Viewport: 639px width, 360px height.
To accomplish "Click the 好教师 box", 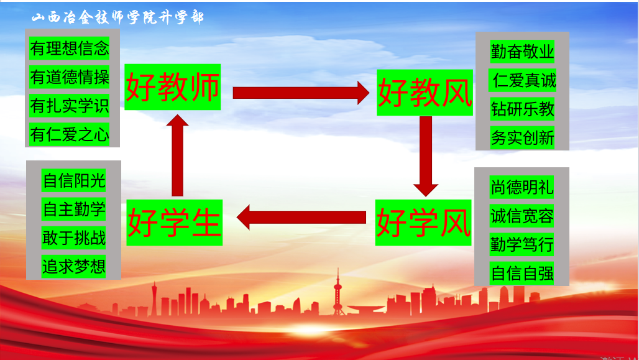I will coord(173,87).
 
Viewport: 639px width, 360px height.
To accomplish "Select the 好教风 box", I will coord(425,93).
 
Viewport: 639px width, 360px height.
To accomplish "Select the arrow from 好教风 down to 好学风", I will coord(426,156).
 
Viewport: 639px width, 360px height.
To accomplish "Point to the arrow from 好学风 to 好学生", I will coord(301,218).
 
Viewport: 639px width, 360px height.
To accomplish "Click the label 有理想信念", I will coord(70,48).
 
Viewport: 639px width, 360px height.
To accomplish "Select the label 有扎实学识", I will coord(70,106).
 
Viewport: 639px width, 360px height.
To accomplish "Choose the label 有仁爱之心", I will coord(70,134).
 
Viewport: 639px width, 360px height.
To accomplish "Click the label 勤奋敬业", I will coord(522,51).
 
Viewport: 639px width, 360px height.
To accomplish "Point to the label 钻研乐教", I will coord(522,109).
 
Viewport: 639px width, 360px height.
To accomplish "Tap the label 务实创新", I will coord(522,137).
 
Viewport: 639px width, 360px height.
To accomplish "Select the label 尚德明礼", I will coord(522,187).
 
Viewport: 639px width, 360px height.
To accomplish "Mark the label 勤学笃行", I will coord(522,244).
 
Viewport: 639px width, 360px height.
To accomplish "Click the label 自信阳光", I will coord(74,180).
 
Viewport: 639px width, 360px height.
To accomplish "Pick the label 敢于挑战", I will coord(74,238).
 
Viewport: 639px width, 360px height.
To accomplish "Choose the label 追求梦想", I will coord(74,267).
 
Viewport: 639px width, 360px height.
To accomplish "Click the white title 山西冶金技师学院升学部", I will coord(117,17).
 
